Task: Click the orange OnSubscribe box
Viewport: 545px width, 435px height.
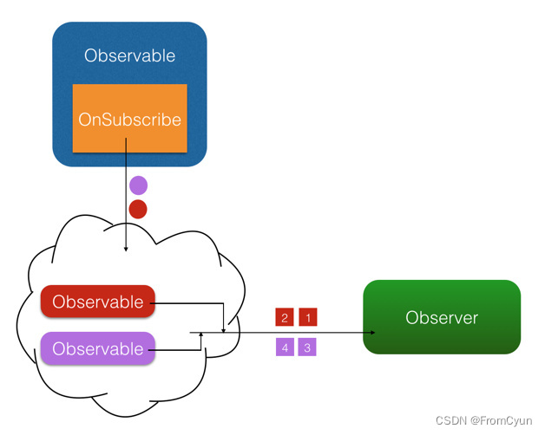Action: (x=129, y=119)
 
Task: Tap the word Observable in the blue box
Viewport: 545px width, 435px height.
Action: (x=129, y=56)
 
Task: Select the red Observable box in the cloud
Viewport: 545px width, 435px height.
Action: (x=97, y=302)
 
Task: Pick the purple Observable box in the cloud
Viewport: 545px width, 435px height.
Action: (x=97, y=349)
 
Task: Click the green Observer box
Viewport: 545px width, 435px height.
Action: (x=442, y=317)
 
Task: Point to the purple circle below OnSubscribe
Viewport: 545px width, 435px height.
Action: (x=138, y=185)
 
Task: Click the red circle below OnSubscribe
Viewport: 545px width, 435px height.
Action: (x=138, y=209)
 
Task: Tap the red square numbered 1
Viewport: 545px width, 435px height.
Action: (x=308, y=318)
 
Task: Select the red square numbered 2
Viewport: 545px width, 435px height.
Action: (x=285, y=318)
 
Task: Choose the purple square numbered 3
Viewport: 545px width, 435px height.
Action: (x=308, y=347)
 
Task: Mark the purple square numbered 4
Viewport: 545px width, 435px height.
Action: (x=285, y=347)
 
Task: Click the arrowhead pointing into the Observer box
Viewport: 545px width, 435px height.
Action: (x=373, y=333)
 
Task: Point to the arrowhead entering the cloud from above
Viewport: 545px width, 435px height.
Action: (x=127, y=249)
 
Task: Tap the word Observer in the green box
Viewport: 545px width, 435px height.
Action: (x=442, y=318)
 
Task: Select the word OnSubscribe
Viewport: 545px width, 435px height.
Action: (x=129, y=120)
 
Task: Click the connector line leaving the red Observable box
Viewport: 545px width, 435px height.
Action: (x=189, y=303)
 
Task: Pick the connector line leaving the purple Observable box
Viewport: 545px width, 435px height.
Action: (x=178, y=350)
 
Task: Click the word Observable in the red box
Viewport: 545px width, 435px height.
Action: (x=97, y=302)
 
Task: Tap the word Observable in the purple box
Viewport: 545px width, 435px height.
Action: (x=97, y=349)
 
